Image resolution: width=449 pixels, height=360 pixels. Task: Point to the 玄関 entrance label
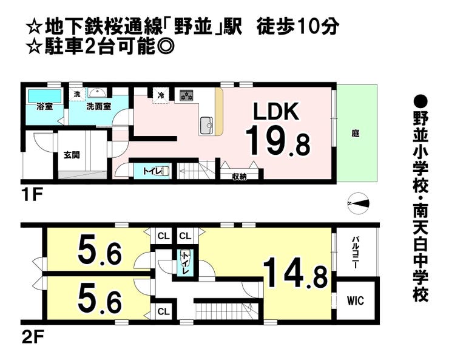[x=71, y=155]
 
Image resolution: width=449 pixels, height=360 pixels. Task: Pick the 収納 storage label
[x=238, y=177]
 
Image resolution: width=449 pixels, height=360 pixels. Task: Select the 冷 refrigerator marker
[x=161, y=95]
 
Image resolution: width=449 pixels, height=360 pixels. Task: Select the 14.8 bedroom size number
[x=295, y=274]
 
